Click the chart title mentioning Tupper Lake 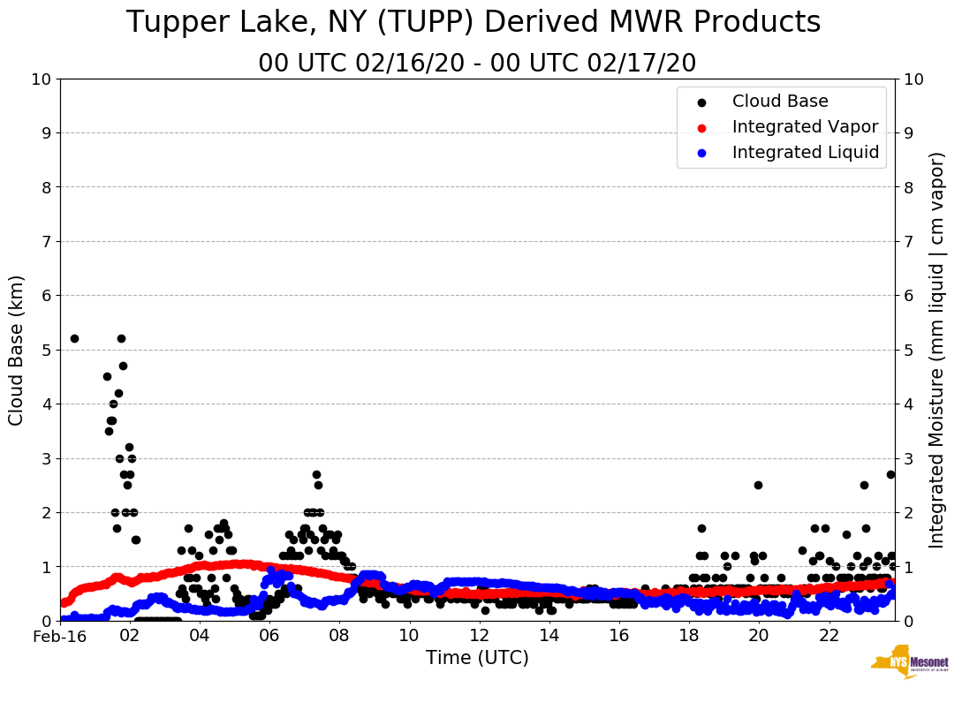click(x=473, y=23)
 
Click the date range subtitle click(x=477, y=64)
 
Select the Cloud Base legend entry click(x=780, y=102)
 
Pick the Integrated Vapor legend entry click(x=805, y=127)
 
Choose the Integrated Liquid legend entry click(x=805, y=153)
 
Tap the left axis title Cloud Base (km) click(x=17, y=350)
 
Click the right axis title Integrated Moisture click(x=937, y=350)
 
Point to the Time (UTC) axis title click(x=477, y=658)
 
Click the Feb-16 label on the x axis click(x=60, y=636)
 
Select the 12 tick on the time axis click(x=479, y=636)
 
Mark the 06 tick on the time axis click(x=269, y=636)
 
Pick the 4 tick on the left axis click(x=46, y=404)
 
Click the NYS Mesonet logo click(x=910, y=663)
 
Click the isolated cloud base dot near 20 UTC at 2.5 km click(x=758, y=485)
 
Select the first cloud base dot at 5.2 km click(x=74, y=338)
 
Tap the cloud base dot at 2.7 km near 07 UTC click(x=316, y=474)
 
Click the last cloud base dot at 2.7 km click(x=890, y=474)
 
